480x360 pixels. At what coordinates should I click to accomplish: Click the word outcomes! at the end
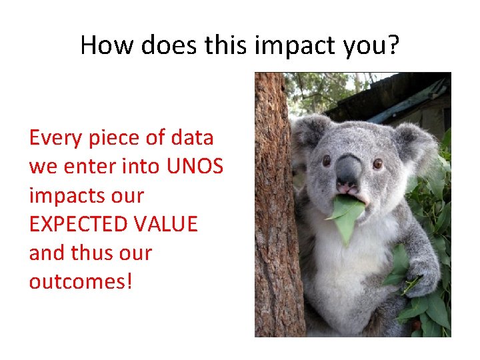click(x=81, y=281)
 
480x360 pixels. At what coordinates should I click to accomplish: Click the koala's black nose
click(x=348, y=169)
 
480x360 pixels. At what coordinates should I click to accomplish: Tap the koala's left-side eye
click(x=327, y=160)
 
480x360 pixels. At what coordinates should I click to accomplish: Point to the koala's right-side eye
click(x=377, y=163)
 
